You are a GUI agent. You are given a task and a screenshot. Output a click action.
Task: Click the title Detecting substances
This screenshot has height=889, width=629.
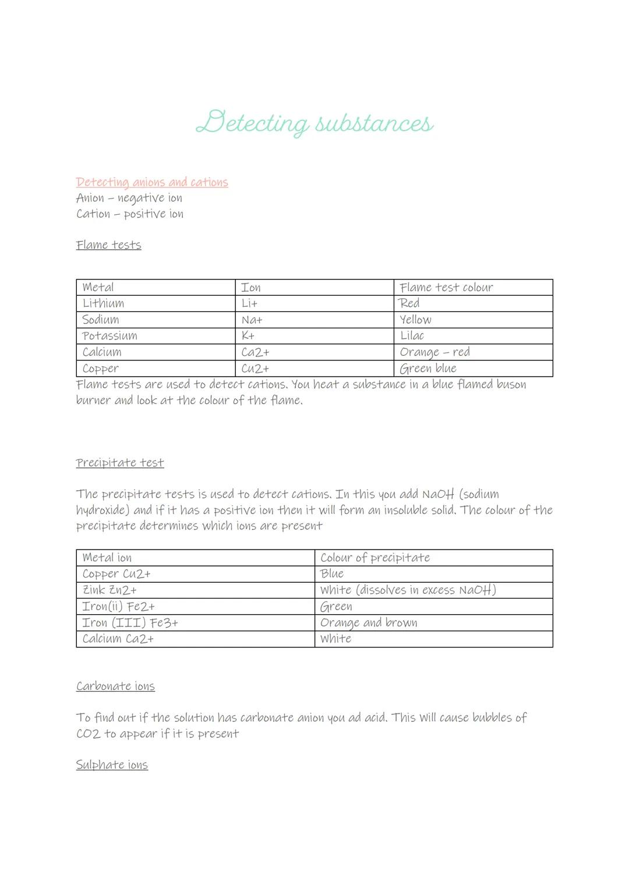click(x=314, y=123)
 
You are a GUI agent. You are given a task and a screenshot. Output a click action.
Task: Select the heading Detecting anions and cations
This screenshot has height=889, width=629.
click(x=152, y=182)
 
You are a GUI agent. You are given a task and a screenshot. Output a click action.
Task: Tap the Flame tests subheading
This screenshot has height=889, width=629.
click(x=108, y=245)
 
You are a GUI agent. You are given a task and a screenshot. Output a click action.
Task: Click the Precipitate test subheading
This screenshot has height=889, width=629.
click(x=120, y=463)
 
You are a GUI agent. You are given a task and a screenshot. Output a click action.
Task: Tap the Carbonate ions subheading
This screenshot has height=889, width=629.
click(x=115, y=686)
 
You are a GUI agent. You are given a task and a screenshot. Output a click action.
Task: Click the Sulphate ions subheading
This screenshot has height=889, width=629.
click(x=112, y=765)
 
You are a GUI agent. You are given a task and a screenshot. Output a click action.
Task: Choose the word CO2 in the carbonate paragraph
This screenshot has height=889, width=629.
click(x=88, y=734)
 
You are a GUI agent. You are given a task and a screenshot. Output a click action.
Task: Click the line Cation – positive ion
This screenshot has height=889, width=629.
click(x=130, y=214)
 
